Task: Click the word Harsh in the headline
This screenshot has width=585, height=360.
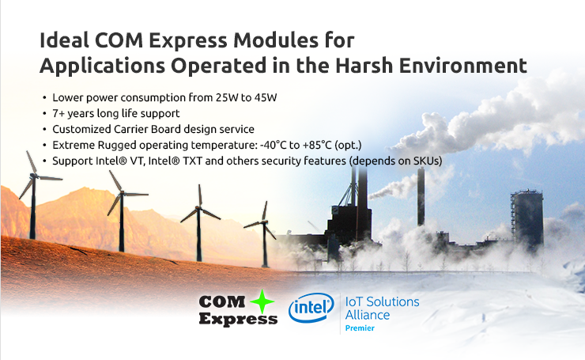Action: pos(364,66)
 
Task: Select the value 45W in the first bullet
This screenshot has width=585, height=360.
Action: pos(266,97)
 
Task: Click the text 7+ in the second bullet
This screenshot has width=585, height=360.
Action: pos(58,113)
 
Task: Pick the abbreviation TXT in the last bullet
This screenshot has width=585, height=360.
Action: pos(192,161)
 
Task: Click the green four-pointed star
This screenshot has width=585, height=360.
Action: pos(262,301)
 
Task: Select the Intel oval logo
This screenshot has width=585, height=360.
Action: pos(311,308)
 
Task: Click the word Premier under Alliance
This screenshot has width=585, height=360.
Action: pos(360,328)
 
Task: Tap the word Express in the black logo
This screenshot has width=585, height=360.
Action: pos(238,320)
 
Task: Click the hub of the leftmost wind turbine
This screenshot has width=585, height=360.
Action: pos(34,176)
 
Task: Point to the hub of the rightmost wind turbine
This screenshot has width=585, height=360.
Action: pos(265,222)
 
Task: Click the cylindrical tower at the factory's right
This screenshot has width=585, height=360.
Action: pos(526,218)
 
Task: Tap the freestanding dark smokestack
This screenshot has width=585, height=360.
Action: pos(421,196)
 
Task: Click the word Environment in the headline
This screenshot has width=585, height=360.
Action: pos(462,66)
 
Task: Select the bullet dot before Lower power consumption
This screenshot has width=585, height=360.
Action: pos(44,98)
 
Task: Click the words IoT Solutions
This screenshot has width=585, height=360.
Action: pos(382,301)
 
